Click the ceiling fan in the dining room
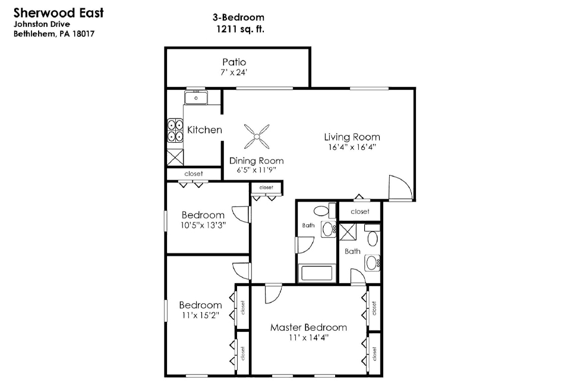click(x=257, y=137)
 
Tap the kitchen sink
click(x=196, y=98)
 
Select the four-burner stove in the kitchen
click(x=175, y=130)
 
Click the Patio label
click(x=234, y=62)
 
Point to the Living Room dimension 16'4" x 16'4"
click(x=352, y=148)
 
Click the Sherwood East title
click(x=59, y=12)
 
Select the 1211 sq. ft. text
click(x=240, y=29)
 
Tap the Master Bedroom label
click(x=308, y=327)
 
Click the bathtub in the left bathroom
click(x=317, y=274)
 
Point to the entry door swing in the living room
click(x=400, y=187)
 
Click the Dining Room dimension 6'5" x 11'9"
click(x=256, y=170)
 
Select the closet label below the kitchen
click(x=193, y=174)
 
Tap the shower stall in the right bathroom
click(x=348, y=231)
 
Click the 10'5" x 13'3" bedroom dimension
click(x=203, y=225)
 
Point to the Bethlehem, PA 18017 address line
click(x=54, y=34)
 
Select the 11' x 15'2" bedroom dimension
click(x=200, y=315)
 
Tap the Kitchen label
click(x=204, y=130)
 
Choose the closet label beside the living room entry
click(x=360, y=212)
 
